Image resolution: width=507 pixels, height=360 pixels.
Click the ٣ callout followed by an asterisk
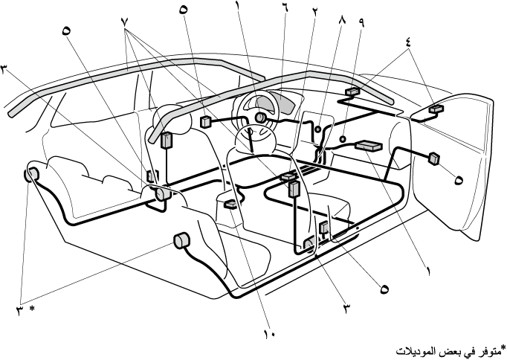21,307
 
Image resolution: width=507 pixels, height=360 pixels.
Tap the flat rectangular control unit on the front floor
369,147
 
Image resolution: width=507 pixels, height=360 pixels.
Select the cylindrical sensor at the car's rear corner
32,176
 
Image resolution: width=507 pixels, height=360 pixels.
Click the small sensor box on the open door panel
433,157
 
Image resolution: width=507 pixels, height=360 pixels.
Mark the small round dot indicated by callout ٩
343,138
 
